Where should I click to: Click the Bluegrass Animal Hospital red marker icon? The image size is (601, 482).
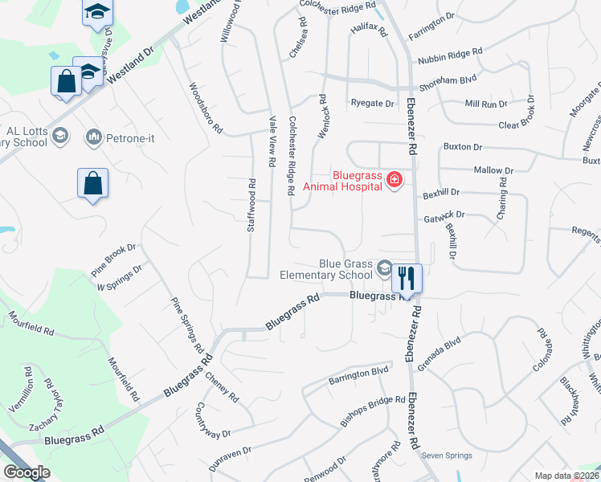tap(394, 179)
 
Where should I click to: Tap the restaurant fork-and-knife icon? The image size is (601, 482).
tap(407, 278)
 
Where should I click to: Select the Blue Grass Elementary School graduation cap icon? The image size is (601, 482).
tap(385, 268)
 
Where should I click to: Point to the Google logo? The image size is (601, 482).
tap(27, 472)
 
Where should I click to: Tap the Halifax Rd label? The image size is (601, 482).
tap(369, 30)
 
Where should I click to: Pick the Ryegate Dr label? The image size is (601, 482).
tap(373, 104)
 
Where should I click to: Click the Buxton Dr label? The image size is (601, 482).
tap(463, 148)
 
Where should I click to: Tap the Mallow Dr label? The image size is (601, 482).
tap(493, 170)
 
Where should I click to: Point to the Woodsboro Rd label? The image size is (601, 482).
tap(206, 108)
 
